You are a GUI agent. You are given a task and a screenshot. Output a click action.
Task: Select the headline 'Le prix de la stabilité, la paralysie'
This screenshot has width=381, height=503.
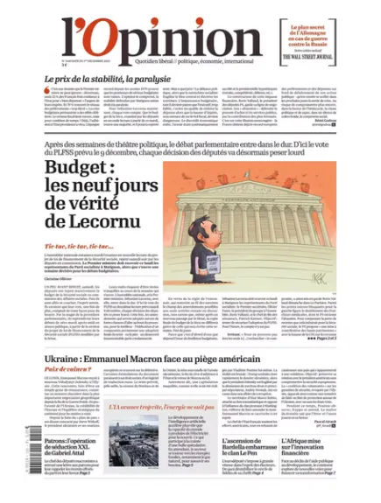coord(108,79)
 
